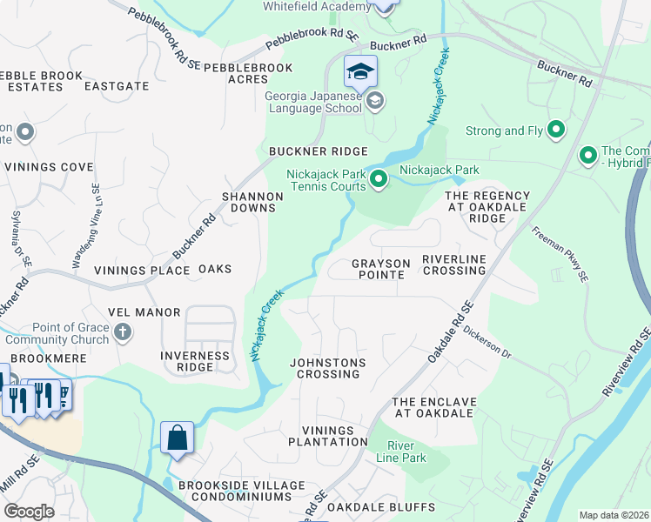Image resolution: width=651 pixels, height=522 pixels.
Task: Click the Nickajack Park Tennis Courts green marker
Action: [x=379, y=180]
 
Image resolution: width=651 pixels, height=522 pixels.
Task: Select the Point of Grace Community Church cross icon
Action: [x=123, y=331]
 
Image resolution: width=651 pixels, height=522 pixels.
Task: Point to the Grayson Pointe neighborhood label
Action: [x=378, y=269]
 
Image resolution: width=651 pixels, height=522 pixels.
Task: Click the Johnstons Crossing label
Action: [x=328, y=368]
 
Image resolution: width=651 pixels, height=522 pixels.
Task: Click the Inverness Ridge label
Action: [x=195, y=361]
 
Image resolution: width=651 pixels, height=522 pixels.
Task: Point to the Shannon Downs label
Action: [x=252, y=203]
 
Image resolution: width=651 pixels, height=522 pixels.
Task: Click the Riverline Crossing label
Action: [x=453, y=264]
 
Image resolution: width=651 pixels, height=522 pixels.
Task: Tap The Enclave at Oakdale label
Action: [x=434, y=407]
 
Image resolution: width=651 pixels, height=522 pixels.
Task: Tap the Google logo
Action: [x=29, y=512]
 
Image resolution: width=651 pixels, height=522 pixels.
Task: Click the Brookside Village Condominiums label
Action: [x=241, y=491]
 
